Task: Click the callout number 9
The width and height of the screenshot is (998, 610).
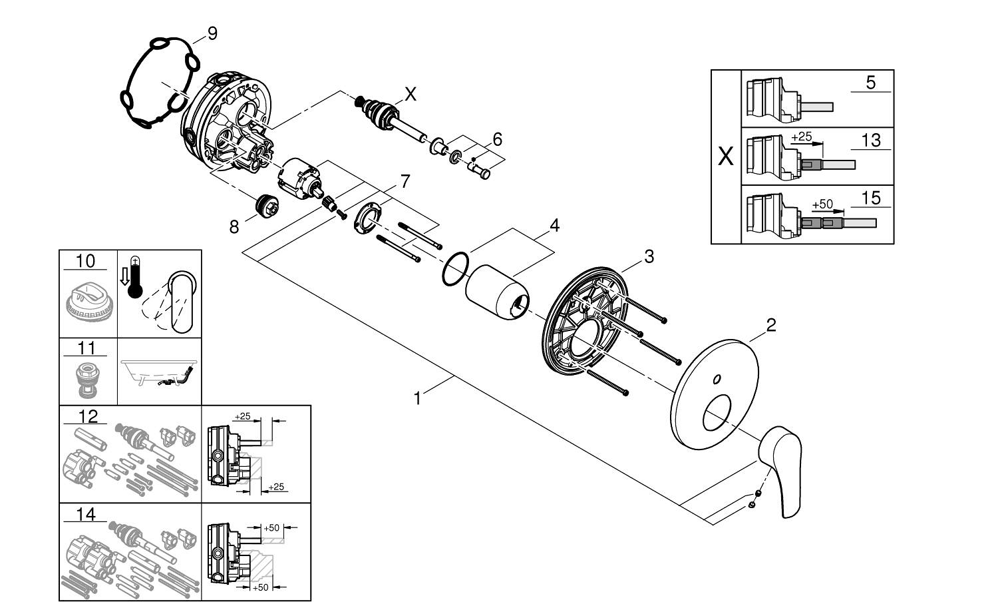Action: coord(212,33)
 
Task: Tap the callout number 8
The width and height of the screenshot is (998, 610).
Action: coord(234,226)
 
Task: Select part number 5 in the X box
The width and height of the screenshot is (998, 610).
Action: coord(870,83)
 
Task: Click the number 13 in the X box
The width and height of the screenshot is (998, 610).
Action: coord(870,141)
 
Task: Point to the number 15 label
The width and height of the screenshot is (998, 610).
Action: coord(870,197)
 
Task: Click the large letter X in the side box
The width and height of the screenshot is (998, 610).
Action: coord(726,157)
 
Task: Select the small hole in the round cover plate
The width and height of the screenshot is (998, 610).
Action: coord(717,380)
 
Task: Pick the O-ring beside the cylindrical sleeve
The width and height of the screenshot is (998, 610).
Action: coord(456,269)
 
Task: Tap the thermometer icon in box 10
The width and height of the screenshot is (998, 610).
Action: coord(135,278)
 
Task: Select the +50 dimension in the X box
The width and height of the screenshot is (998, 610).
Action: coord(823,204)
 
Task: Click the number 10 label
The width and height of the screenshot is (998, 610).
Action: coord(85,261)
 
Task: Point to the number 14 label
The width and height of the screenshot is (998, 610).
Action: coord(85,514)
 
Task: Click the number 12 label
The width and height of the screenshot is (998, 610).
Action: coord(87,417)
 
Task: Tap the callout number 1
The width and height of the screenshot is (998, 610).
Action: coord(417,398)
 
